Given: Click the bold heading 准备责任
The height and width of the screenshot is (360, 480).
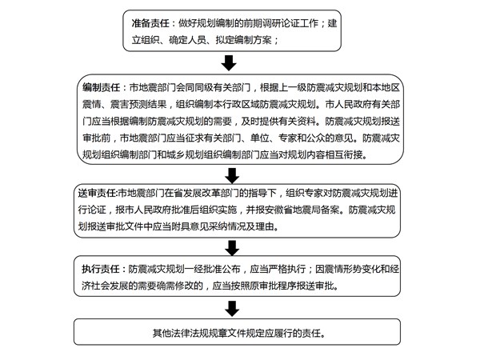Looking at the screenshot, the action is click(x=150, y=23).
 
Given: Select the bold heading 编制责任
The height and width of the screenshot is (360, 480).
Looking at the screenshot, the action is click(x=101, y=88).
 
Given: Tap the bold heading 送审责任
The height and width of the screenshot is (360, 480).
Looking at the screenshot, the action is click(x=97, y=193).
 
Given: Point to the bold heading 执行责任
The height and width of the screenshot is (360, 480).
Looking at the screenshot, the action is click(x=101, y=269).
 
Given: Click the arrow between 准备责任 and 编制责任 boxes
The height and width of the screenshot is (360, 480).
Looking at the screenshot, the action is click(x=229, y=63).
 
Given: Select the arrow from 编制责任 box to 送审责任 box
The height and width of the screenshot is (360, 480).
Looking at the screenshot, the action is click(x=232, y=175).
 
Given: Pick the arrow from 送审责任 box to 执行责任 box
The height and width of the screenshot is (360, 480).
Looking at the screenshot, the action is click(x=232, y=248).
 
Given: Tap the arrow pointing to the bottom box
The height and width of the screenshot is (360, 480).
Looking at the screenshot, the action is click(x=232, y=309).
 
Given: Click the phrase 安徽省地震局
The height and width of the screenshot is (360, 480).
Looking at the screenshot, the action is click(x=293, y=210).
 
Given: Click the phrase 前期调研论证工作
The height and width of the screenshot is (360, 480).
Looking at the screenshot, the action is click(x=281, y=23).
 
